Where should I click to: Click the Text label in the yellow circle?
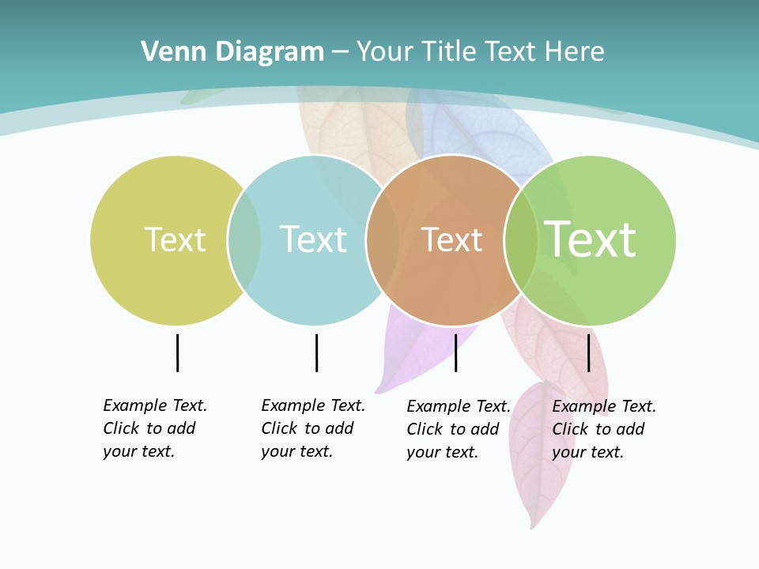[x=175, y=239]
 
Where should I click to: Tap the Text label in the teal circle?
[x=314, y=239]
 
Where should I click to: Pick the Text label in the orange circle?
[x=451, y=240]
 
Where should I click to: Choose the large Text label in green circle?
[x=591, y=239]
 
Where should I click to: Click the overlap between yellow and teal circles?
[x=244, y=239]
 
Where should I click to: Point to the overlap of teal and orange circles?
[x=383, y=239]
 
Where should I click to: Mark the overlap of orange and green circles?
[x=521, y=239]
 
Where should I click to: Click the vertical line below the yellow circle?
[x=178, y=352]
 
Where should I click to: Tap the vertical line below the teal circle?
[x=316, y=352]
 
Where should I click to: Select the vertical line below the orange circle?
[x=456, y=352]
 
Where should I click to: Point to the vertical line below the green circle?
[x=589, y=352]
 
